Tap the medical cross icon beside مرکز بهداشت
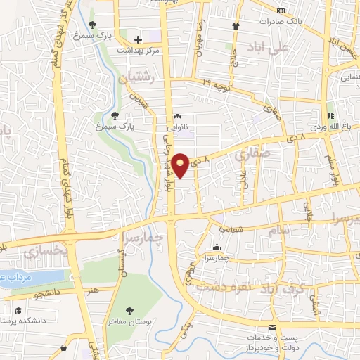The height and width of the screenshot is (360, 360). click(138, 39)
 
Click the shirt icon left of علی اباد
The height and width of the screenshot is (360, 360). click(236, 26)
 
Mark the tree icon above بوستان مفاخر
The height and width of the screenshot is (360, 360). click(130, 311)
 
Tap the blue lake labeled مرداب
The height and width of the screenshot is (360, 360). click(14, 277)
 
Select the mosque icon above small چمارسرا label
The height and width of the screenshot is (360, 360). click(215, 247)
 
